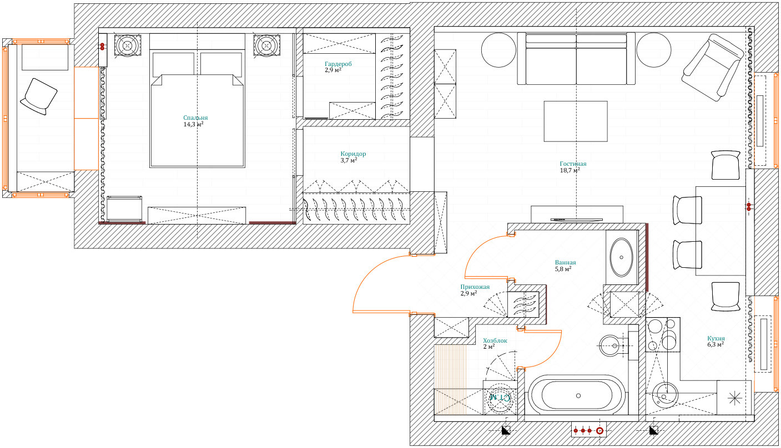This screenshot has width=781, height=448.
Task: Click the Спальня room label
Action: pos(195,118)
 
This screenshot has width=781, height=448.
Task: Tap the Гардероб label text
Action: pos(338,64)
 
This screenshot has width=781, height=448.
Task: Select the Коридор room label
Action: pos(353,154)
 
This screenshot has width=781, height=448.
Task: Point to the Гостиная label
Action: pos(573,164)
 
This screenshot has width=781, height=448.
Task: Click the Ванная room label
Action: pos(565,262)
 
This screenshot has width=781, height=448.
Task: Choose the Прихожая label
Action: pos(475,287)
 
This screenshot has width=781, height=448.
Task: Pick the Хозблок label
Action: pos(495,340)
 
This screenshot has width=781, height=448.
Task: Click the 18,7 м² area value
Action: pos(570,170)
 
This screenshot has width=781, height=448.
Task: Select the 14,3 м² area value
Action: pos(194,124)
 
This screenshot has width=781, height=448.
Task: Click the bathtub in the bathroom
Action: pos(577,395)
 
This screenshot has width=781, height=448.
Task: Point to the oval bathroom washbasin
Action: pos(621,257)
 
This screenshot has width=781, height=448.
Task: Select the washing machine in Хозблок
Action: pos(500,398)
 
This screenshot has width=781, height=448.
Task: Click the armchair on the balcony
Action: pos(39,96)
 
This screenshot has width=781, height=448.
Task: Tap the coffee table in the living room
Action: pos(576,121)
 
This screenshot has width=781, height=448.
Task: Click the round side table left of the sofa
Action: pos(498,50)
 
